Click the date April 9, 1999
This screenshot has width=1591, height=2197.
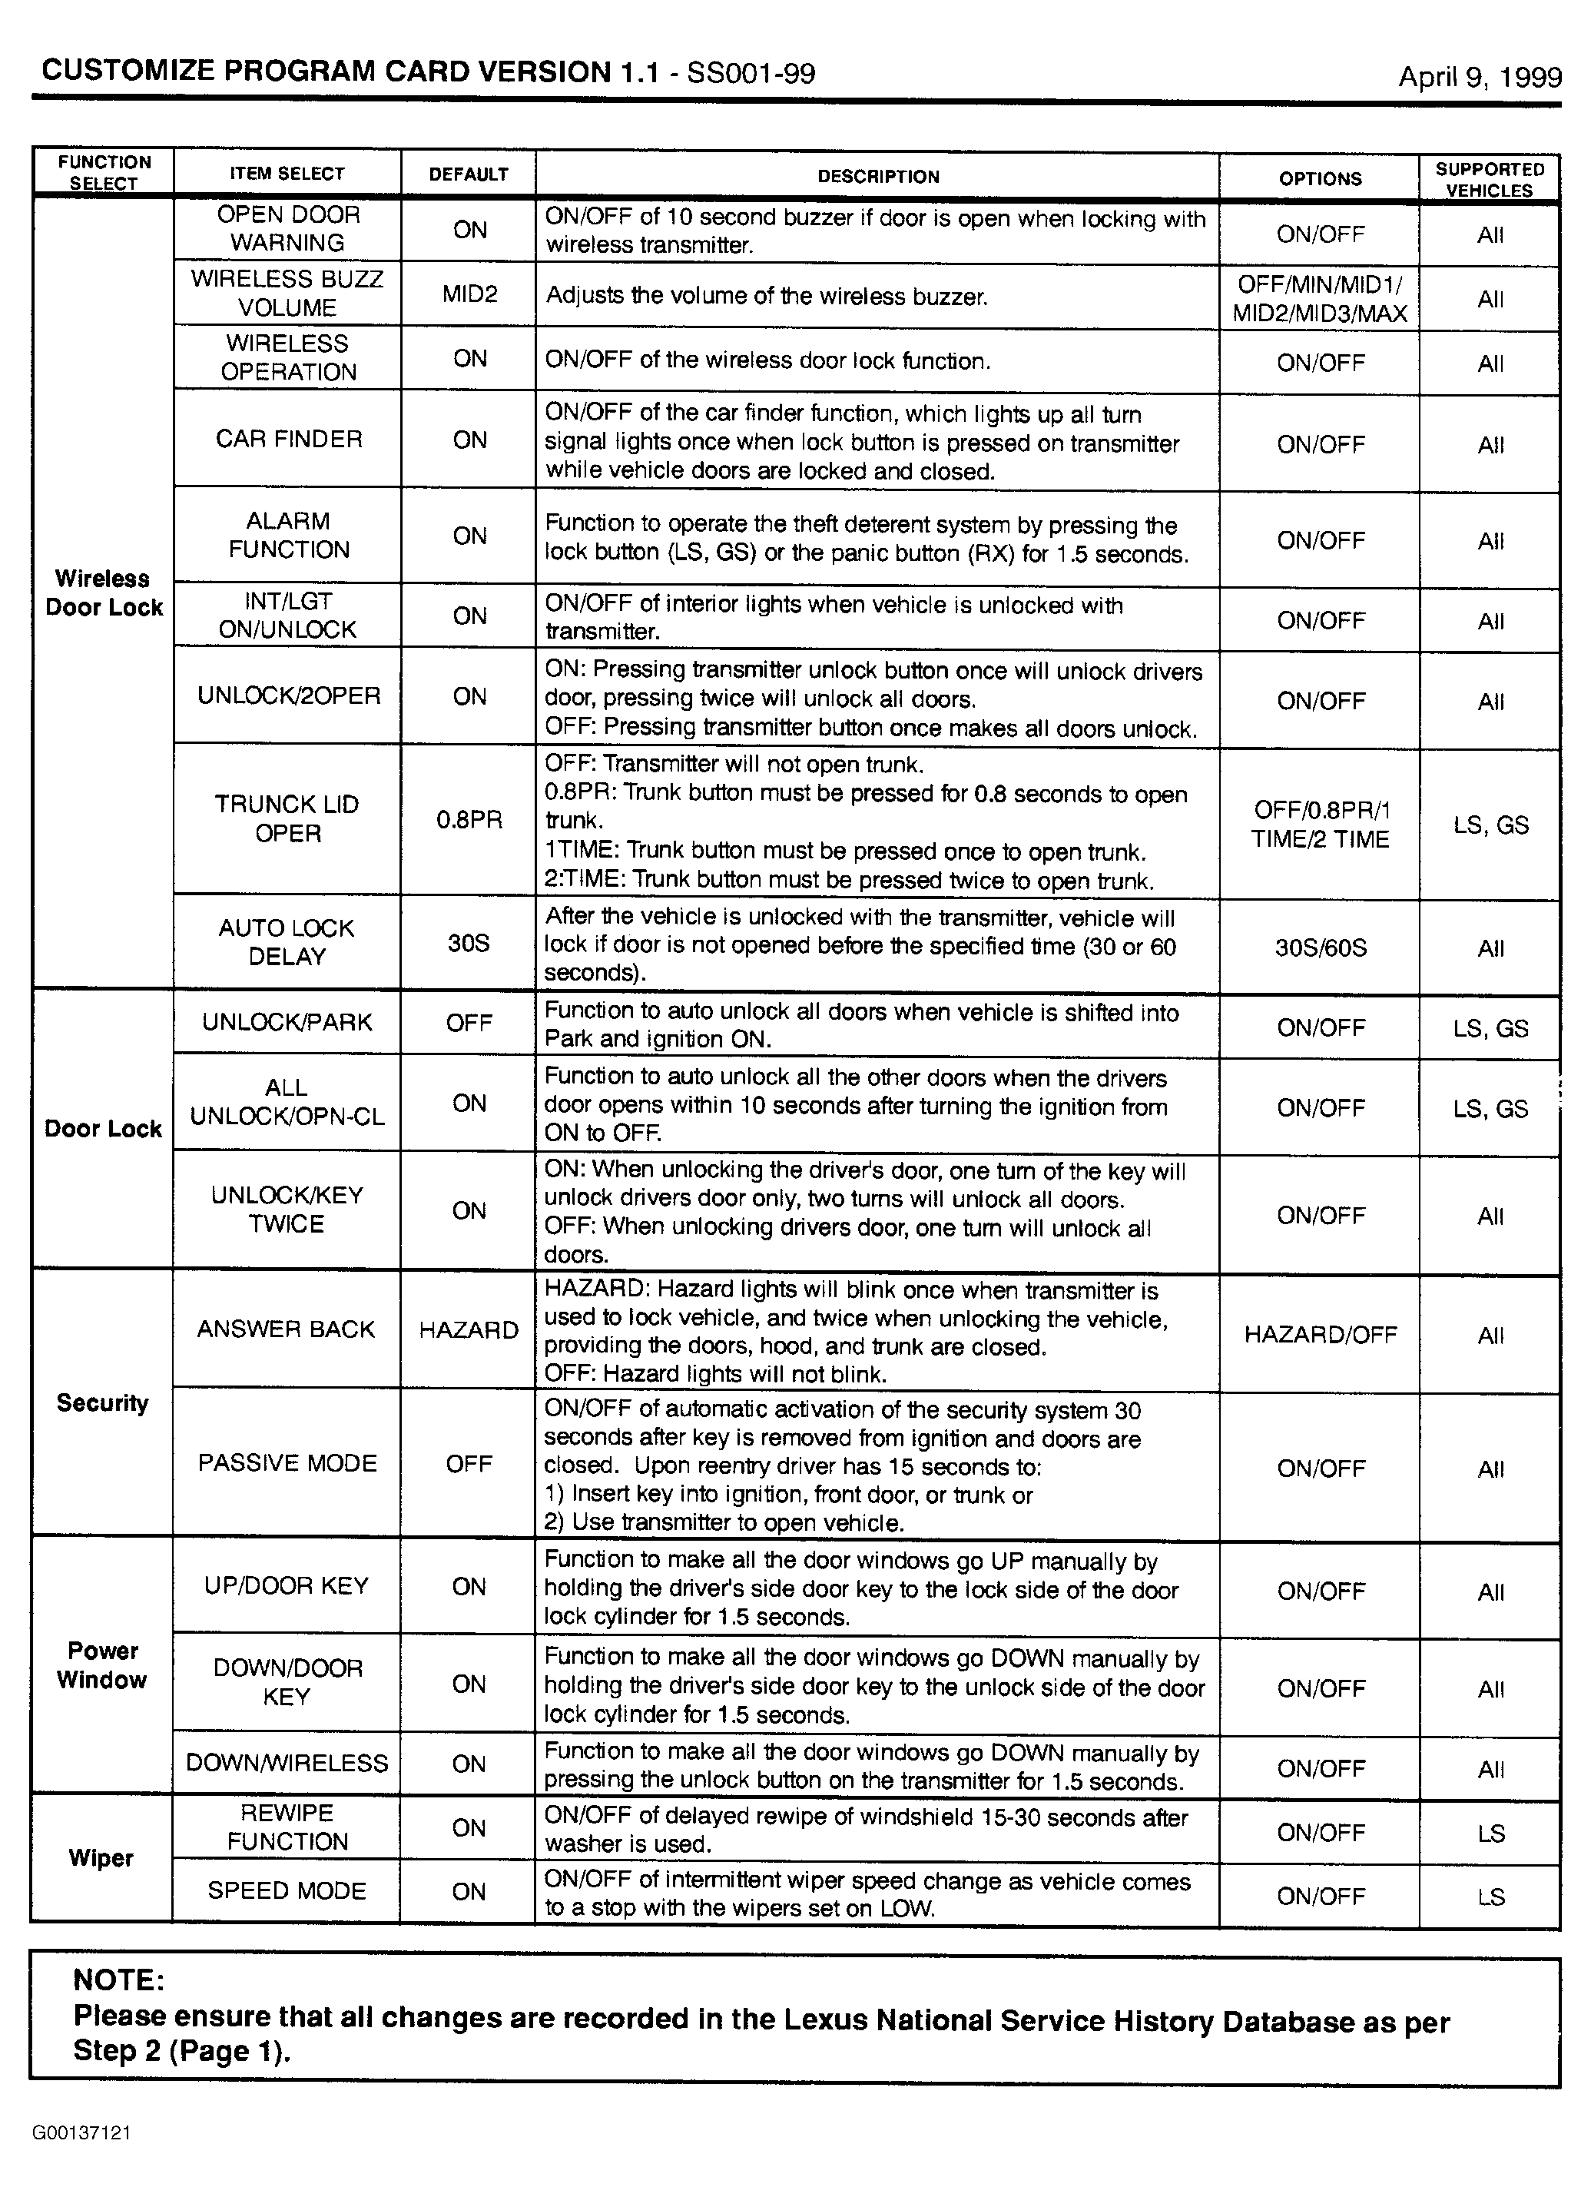1479,78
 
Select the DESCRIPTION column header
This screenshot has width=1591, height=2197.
877,176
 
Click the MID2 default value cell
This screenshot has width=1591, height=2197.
469,294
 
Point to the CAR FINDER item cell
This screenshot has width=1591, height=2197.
289,439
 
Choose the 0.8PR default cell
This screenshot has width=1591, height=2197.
469,819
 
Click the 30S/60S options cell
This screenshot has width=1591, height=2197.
1320,947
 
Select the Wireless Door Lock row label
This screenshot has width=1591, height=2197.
104,592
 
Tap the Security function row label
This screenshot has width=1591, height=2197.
103,1402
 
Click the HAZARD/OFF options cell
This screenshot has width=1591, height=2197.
1320,1335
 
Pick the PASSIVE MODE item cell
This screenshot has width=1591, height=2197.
287,1462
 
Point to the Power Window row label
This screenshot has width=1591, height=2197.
103,1664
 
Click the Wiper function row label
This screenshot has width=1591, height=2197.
101,1858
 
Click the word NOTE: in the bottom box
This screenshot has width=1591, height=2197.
118,1979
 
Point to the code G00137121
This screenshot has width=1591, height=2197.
81,2132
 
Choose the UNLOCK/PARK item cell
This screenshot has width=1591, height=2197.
287,1022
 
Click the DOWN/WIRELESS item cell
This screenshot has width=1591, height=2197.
287,1763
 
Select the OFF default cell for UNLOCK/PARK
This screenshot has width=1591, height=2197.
469,1023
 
